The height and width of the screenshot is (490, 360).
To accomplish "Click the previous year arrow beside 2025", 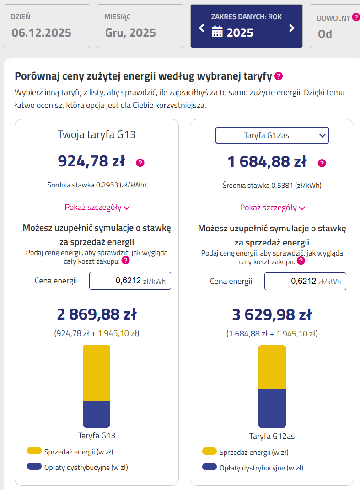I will click(x=202, y=28).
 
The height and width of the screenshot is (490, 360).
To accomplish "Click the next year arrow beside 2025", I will click(x=291, y=28).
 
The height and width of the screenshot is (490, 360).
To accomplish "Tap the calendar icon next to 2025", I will click(x=217, y=32).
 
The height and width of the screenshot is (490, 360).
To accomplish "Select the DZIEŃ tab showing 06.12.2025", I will click(x=48, y=26).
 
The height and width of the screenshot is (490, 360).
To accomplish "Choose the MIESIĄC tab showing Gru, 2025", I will click(x=140, y=26).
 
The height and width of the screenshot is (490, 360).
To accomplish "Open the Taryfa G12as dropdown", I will click(x=272, y=135).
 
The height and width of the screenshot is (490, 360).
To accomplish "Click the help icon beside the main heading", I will click(x=279, y=76).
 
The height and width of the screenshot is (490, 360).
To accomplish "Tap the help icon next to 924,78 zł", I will click(x=140, y=163).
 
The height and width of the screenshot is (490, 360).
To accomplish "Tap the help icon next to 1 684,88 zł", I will click(x=322, y=163).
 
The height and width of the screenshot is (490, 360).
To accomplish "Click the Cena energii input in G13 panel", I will click(x=130, y=281).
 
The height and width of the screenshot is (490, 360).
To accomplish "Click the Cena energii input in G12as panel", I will click(x=305, y=281).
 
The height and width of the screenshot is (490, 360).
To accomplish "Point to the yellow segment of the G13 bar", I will click(x=96, y=373).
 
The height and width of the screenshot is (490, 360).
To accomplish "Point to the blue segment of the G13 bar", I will click(x=96, y=414).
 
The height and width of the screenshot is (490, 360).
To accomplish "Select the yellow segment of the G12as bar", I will click(x=272, y=367).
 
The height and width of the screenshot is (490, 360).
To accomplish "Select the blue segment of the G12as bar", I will click(x=272, y=409).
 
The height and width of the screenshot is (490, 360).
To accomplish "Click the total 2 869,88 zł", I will click(x=97, y=314).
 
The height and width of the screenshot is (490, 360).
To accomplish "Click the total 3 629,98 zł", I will click(x=272, y=315).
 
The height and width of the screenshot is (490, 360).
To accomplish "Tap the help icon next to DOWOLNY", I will click(x=355, y=18).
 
